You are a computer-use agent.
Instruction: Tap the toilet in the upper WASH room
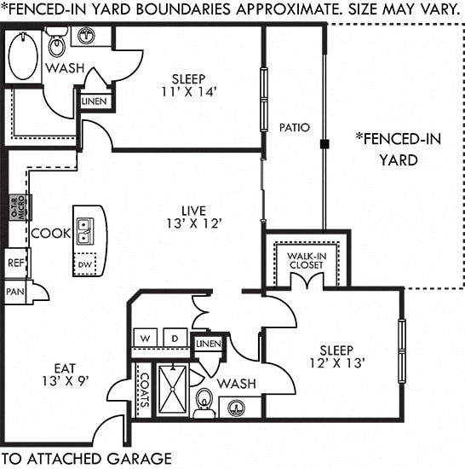tap(57, 43)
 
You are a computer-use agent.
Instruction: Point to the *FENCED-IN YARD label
tap(398, 149)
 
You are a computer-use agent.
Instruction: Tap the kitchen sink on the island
tap(85, 230)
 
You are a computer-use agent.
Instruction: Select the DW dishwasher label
tap(85, 266)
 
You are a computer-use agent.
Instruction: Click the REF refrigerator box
tap(14, 263)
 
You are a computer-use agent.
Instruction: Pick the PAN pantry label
tap(14, 292)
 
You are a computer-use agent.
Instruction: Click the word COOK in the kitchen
tap(50, 233)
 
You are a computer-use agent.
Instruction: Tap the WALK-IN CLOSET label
tap(305, 259)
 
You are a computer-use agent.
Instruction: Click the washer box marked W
tap(146, 339)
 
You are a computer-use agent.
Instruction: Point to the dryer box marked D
tap(175, 339)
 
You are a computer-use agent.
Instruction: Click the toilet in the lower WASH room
tap(204, 400)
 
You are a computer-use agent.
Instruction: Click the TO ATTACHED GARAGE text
tap(87, 458)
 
